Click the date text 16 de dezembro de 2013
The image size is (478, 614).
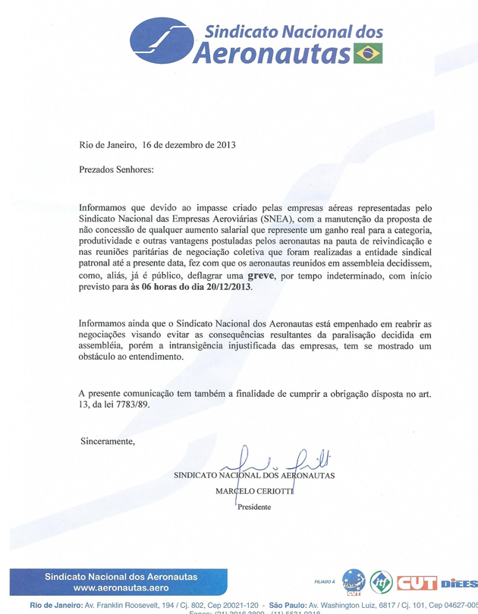pos(183,143)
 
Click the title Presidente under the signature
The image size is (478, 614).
pos(254,508)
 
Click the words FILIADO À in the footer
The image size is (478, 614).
pos(324,581)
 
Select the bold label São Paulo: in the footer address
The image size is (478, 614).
pos(282,606)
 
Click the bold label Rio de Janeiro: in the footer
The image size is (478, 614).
pos(55,606)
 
